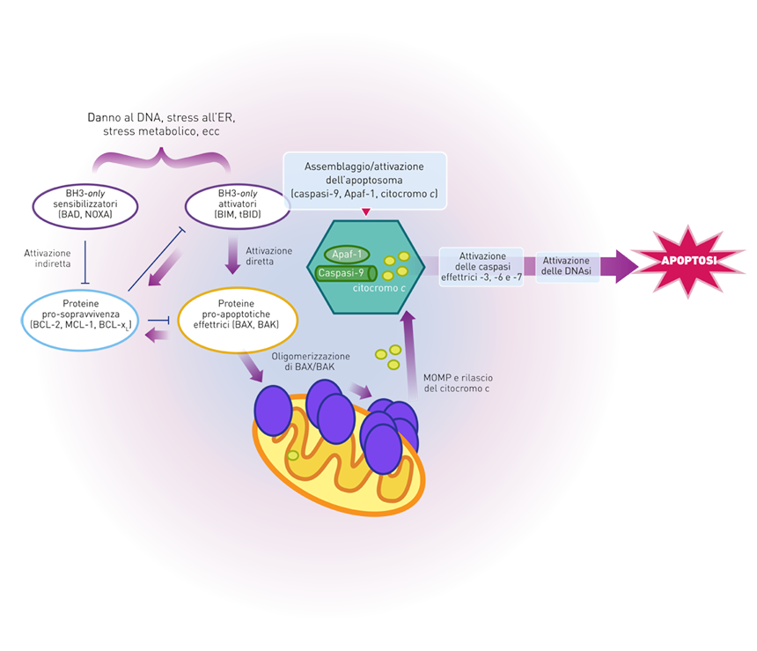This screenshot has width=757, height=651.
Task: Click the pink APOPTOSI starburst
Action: pos(688,261)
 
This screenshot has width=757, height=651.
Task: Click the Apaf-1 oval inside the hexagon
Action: pos(347,255)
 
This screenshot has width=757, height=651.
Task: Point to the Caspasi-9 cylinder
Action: pos(346,273)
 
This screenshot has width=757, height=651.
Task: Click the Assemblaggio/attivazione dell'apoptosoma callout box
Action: pos(365,181)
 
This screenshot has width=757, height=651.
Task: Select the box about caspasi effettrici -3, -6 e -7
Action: pos(481,267)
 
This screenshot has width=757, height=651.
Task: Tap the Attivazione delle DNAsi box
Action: pos(567,267)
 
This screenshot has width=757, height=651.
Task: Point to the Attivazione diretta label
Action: pos(268,256)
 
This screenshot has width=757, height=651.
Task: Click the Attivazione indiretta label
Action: pos(48,258)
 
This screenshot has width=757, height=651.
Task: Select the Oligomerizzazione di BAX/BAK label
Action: pos(311,361)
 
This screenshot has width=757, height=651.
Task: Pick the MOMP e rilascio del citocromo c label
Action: pos(458,383)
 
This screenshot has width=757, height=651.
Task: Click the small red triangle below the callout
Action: pos(366,211)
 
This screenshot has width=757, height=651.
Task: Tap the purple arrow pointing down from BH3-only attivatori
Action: pos(233,255)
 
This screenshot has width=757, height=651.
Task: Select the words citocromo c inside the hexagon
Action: pos(379,288)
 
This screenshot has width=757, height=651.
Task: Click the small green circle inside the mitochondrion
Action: pos(292,455)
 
